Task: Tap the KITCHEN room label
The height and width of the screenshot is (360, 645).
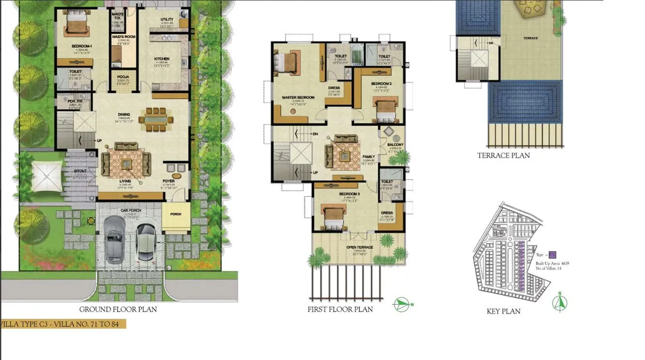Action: click(162, 59)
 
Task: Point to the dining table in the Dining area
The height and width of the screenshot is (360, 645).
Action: click(156, 119)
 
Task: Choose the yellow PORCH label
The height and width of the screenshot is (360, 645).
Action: click(176, 214)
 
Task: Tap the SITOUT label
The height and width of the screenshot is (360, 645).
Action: click(80, 171)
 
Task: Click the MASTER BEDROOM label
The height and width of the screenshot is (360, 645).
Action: click(298, 97)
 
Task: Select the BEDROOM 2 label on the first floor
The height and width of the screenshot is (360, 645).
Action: click(381, 84)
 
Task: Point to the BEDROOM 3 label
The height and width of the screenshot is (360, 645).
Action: click(347, 194)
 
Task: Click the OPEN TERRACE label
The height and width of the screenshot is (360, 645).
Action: click(360, 248)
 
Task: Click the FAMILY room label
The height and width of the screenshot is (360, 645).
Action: click(369, 157)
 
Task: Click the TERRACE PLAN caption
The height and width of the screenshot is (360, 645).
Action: click(503, 156)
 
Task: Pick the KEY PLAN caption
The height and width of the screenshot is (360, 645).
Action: click(503, 311)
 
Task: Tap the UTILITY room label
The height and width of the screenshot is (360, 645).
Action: click(167, 19)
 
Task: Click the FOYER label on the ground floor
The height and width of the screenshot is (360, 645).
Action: click(168, 181)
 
